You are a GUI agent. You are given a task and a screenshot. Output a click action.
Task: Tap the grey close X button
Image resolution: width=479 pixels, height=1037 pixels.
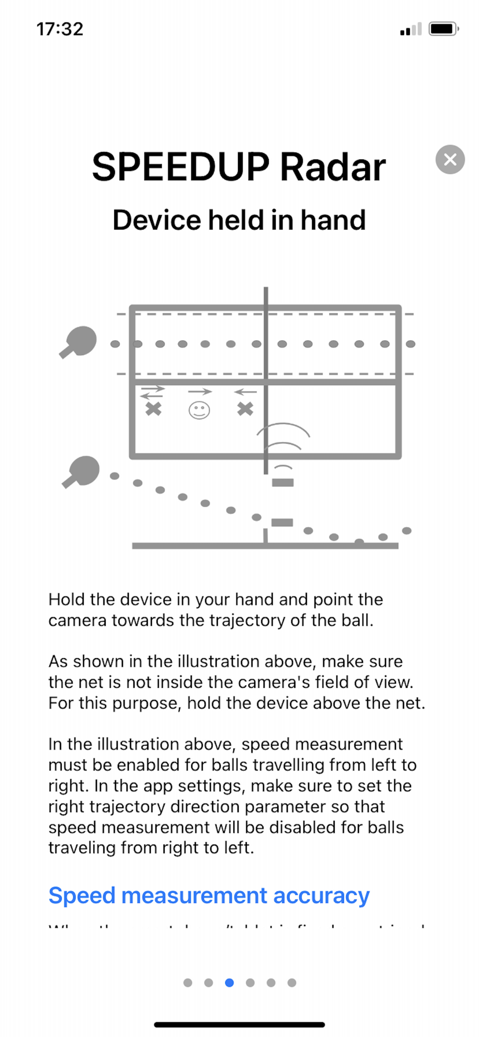click(x=450, y=159)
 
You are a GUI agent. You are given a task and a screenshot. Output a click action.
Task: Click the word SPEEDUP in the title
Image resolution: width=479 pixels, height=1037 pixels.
click(x=180, y=167)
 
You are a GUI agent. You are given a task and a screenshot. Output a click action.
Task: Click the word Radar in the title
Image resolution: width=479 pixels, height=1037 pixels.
click(x=333, y=167)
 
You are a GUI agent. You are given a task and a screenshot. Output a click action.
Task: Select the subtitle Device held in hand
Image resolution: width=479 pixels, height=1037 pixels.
click(x=239, y=220)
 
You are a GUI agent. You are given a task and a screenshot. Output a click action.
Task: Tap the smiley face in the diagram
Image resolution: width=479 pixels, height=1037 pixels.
click(x=199, y=411)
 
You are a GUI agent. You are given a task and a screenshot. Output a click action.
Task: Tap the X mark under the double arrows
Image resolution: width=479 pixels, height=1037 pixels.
click(x=153, y=409)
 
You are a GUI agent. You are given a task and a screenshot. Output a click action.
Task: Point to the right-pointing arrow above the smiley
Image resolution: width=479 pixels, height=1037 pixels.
click(x=200, y=391)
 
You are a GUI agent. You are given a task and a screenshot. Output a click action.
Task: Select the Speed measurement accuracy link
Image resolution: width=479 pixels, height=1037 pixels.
click(x=209, y=895)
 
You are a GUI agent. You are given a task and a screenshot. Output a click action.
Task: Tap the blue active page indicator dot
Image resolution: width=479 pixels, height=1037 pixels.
click(x=229, y=983)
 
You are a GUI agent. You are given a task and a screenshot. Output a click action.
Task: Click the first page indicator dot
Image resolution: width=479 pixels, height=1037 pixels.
click(x=188, y=983)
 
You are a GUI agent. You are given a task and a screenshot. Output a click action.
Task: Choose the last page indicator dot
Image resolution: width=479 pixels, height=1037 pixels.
click(x=292, y=983)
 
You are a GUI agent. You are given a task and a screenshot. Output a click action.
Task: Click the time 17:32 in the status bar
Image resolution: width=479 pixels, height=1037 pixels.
click(x=60, y=29)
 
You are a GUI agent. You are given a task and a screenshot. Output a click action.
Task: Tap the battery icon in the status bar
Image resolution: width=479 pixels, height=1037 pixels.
click(x=443, y=29)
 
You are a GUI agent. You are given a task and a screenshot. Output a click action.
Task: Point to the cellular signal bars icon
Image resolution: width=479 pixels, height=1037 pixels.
click(x=411, y=30)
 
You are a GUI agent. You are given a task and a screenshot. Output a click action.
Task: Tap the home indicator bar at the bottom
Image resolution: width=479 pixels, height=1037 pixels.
click(x=239, y=1025)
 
